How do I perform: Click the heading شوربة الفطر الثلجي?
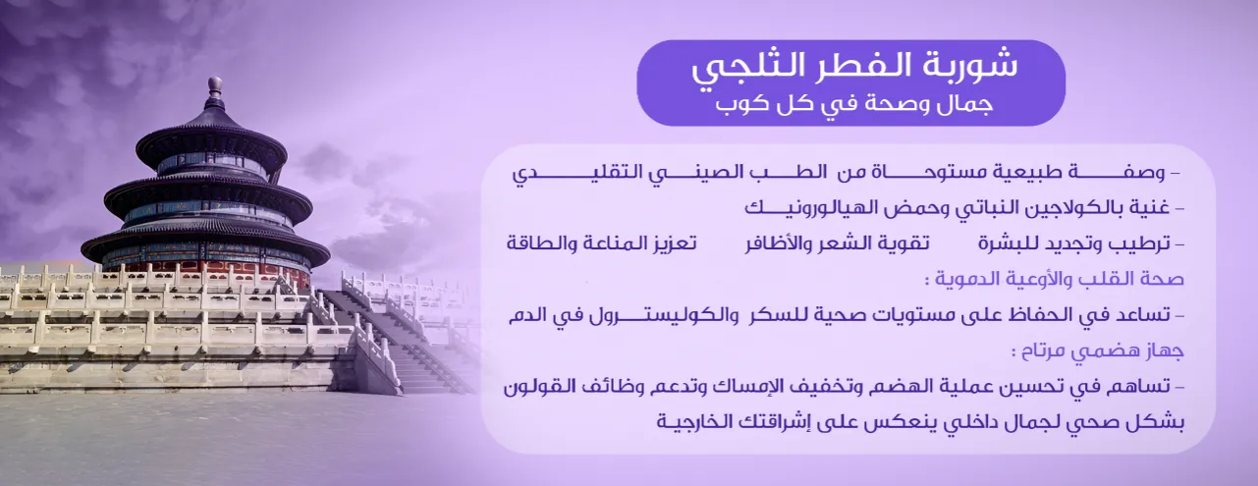[851, 67]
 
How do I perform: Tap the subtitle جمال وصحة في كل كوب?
[851, 103]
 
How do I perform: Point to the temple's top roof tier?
[212, 137]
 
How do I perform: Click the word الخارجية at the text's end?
[687, 421]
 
